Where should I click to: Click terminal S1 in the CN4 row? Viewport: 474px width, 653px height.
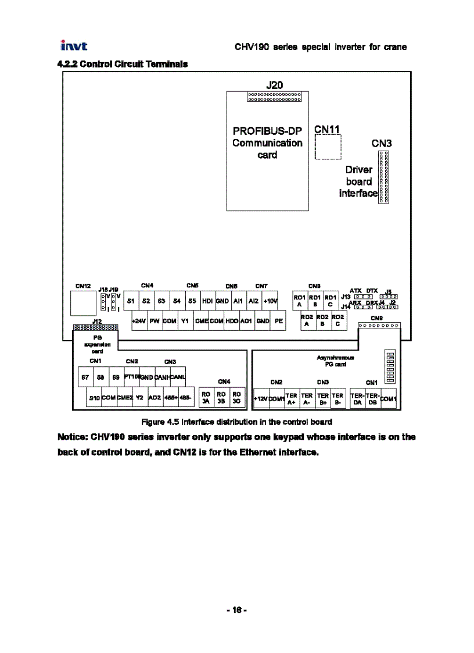pyautogui.click(x=131, y=301)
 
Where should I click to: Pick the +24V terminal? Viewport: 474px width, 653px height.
pyautogui.click(x=139, y=320)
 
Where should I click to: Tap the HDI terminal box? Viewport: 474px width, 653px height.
pyautogui.click(x=207, y=301)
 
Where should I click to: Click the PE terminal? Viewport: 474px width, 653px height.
pyautogui.click(x=278, y=320)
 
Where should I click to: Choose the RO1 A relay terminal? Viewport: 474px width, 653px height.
pyautogui.click(x=299, y=301)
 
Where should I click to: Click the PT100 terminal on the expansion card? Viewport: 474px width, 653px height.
pyautogui.click(x=131, y=377)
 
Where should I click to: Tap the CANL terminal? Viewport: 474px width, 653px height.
pyautogui.click(x=177, y=377)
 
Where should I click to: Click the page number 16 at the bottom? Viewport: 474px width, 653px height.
pyautogui.click(x=236, y=610)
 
